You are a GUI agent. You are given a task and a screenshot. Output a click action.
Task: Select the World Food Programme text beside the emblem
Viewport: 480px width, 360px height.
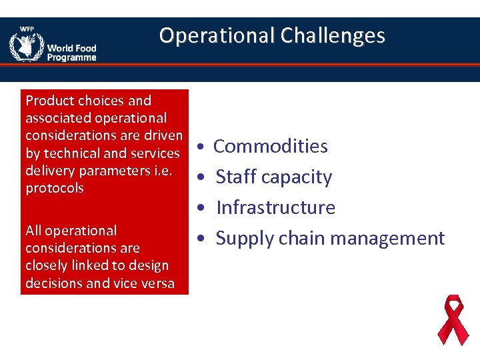[x=71, y=53]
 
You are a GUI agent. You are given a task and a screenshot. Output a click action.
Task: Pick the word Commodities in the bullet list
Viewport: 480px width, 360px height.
[x=270, y=146]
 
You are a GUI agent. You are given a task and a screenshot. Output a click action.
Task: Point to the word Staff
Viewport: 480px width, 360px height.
[x=236, y=177]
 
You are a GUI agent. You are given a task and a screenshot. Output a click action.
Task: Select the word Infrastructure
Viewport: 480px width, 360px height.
[x=275, y=207]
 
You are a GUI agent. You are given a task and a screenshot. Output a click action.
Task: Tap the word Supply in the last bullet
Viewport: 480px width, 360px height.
[x=244, y=238]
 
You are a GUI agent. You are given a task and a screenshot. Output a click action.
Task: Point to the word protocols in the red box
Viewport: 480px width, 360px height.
[x=55, y=188]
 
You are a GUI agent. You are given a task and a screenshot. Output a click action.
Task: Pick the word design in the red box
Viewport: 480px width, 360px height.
[x=149, y=265]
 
